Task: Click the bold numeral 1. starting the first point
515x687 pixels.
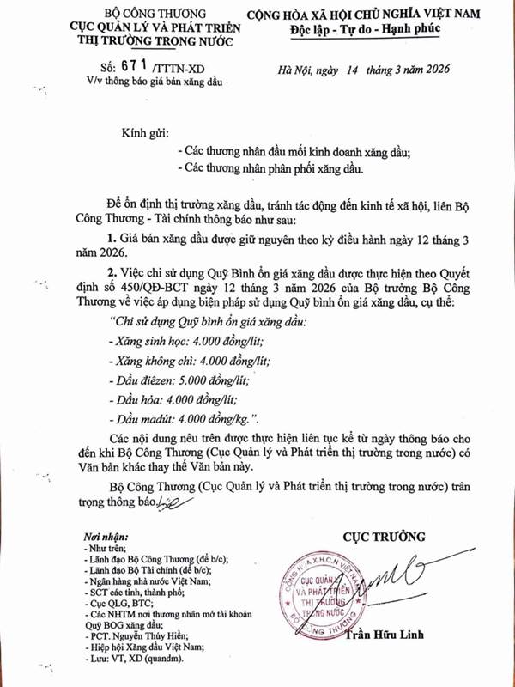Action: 112,236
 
